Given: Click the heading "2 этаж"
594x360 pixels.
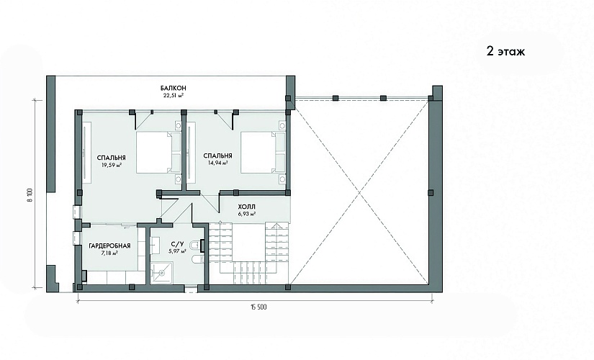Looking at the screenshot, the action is [x=505, y=52].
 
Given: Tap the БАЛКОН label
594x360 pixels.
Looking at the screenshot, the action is [x=173, y=89].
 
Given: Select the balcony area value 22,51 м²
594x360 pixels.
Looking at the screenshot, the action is [x=174, y=96].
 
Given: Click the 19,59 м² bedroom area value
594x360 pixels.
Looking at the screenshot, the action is [x=111, y=165].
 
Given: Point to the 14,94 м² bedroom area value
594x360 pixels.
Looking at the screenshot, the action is [x=217, y=163].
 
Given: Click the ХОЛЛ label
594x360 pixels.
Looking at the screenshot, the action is [x=247, y=207].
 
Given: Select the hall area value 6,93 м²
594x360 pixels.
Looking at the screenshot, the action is [x=247, y=214].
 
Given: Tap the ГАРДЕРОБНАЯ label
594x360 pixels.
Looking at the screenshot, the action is [x=109, y=246].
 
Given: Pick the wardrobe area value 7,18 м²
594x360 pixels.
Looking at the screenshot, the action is [x=109, y=253].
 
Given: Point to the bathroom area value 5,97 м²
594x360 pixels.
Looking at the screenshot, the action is [x=177, y=251].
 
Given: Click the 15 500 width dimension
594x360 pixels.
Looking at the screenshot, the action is [x=258, y=307].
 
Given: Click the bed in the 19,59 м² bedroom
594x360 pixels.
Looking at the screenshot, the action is [x=158, y=153].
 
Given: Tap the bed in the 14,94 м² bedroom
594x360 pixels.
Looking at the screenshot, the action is [x=264, y=153].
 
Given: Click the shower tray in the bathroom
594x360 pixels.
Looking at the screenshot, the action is [x=162, y=272].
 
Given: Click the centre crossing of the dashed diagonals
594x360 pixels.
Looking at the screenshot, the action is [x=359, y=193].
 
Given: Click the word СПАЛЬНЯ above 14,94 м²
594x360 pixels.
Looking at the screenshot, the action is [x=217, y=156].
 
